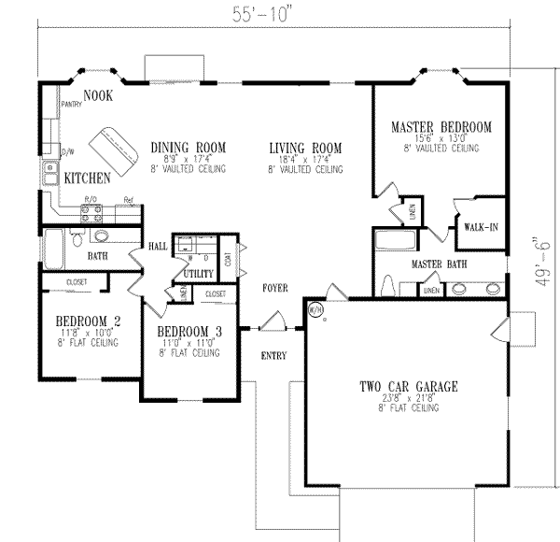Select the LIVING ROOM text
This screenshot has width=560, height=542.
305,148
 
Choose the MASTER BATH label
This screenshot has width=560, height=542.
440,264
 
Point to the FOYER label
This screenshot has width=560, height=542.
274,288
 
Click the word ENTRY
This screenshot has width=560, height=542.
273,356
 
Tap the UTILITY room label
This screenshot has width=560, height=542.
199,274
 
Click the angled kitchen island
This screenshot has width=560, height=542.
112,143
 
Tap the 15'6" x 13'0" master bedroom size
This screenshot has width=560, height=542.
441,137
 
